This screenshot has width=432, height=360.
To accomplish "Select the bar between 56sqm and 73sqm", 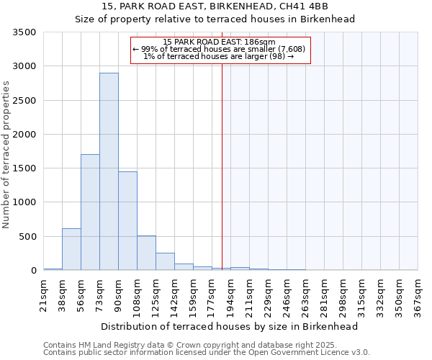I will click(90, 212).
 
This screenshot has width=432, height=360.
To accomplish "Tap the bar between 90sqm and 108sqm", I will click(127, 221).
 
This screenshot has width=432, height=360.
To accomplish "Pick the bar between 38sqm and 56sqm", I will click(71, 249).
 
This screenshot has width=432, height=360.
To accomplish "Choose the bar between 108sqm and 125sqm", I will click(146, 253).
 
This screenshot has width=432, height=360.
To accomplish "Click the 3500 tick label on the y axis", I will click(24, 32).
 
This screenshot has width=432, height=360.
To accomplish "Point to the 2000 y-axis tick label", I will click(24, 135).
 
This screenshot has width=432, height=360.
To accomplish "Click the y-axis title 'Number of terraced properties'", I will click(7, 154).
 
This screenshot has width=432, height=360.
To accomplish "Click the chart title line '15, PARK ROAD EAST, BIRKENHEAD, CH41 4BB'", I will click(215, 6).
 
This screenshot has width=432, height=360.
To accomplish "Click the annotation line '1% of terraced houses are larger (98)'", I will click(219, 56).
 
